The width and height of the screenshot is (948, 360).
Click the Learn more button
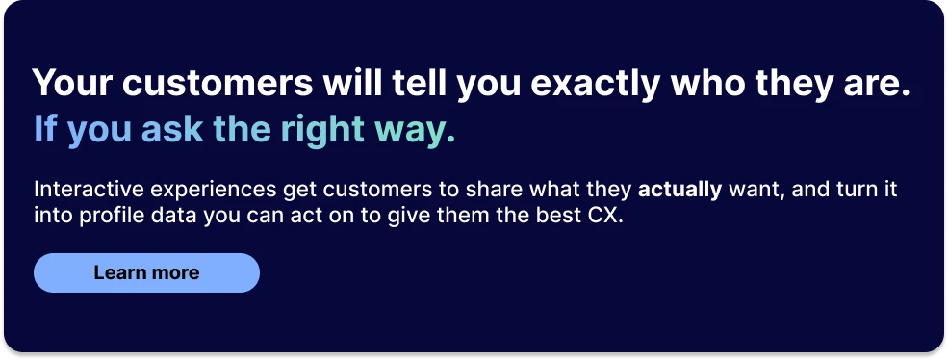coord(146,272)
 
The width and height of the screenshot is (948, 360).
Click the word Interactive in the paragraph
coord(80,189)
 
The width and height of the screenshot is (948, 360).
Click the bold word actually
coord(679,189)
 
